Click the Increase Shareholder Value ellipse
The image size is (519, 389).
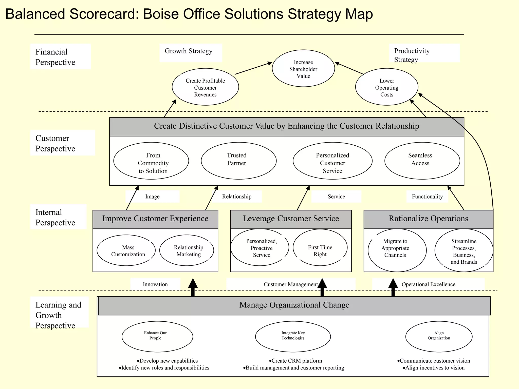pyautogui.click(x=303, y=68)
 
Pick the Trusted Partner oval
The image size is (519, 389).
pyautogui.click(x=238, y=161)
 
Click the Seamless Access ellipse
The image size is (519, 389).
pyautogui.click(x=422, y=161)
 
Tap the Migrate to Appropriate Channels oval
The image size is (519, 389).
pyautogui.click(x=397, y=250)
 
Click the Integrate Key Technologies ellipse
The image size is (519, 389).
pyautogui.click(x=293, y=337)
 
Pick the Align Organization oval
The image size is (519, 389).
pyautogui.click(x=439, y=337)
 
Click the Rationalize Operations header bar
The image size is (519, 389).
pyautogui.click(x=428, y=219)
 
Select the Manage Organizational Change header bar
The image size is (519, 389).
pyautogui.click(x=294, y=306)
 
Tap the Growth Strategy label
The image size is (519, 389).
pyautogui.click(x=189, y=51)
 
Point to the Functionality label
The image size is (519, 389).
pyautogui.click(x=427, y=197)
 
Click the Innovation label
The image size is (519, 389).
pyautogui.click(x=155, y=284)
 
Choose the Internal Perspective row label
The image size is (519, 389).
pyautogui.click(x=55, y=217)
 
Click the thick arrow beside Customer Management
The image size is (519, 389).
pyautogui.click(x=322, y=287)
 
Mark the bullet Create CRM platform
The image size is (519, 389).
pyautogui.click(x=295, y=361)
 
